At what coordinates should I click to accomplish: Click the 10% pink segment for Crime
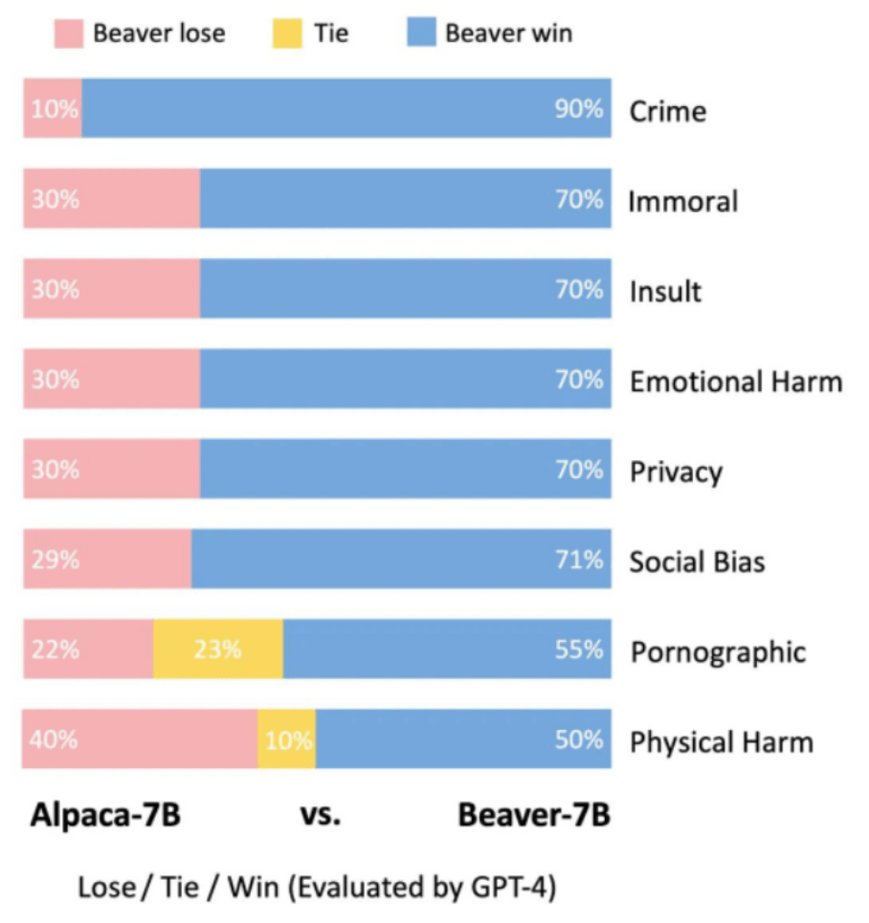(x=53, y=109)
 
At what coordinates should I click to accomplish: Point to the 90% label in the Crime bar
(x=579, y=109)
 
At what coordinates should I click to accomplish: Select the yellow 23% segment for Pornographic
(x=218, y=649)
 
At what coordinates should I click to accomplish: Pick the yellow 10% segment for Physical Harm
(x=287, y=739)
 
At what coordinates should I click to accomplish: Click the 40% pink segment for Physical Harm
(x=140, y=739)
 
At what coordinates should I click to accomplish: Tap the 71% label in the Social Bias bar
(x=579, y=560)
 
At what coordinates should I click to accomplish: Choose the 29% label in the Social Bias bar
(x=55, y=560)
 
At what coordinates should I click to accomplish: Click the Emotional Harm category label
(x=735, y=382)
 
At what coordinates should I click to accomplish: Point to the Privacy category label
(x=675, y=472)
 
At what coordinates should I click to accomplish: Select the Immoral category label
(x=682, y=202)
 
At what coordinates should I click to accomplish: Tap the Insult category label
(x=664, y=291)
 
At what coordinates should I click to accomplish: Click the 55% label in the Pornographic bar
(x=579, y=649)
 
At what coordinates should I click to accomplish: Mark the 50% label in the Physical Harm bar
(x=579, y=739)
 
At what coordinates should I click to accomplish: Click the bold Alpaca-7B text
(x=105, y=818)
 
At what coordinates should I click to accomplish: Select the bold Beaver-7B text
(x=533, y=818)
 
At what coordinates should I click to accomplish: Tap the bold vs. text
(x=321, y=818)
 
